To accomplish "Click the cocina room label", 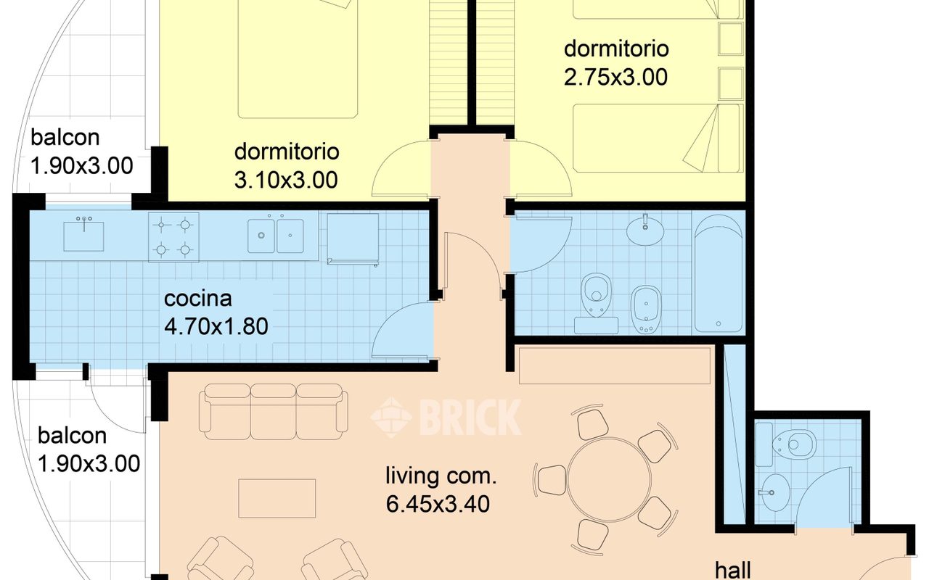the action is tap(198, 299).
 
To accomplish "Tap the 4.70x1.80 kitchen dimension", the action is tap(216, 326).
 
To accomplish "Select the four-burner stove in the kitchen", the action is tap(173, 237).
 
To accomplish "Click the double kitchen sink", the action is tap(275, 236).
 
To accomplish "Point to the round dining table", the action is tap(608, 479).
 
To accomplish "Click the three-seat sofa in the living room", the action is tap(274, 412).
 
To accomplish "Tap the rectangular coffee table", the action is tap(277, 498).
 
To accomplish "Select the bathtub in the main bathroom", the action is tap(719, 273).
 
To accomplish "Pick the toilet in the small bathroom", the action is tap(790, 445).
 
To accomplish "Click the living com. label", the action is tap(441, 476).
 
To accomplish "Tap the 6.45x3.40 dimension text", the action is tap(438, 504).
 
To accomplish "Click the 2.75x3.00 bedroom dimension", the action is tap(616, 77).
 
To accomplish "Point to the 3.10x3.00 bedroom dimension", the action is tap(286, 181).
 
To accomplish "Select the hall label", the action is tap(733, 571).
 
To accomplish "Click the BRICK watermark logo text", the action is tap(471, 417).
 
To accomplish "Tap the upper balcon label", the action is tap(65, 138).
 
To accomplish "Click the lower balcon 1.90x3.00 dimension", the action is tap(89, 463).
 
